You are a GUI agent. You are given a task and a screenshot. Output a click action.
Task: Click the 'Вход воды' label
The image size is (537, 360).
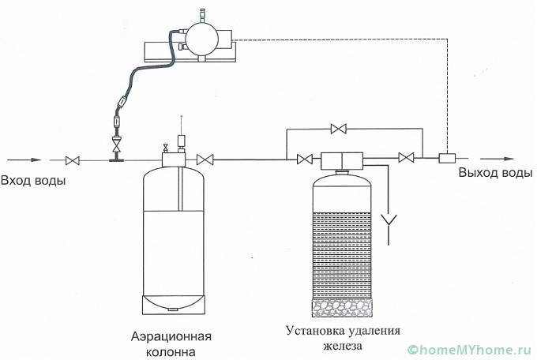point(33,181)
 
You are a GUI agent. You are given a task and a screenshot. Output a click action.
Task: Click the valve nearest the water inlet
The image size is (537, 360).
point(73,160)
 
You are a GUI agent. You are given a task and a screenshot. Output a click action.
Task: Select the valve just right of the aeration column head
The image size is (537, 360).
point(205,159)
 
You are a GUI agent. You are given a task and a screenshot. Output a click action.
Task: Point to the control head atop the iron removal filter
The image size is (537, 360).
point(341,159)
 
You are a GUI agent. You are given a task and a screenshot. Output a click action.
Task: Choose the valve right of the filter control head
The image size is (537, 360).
point(407,159)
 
